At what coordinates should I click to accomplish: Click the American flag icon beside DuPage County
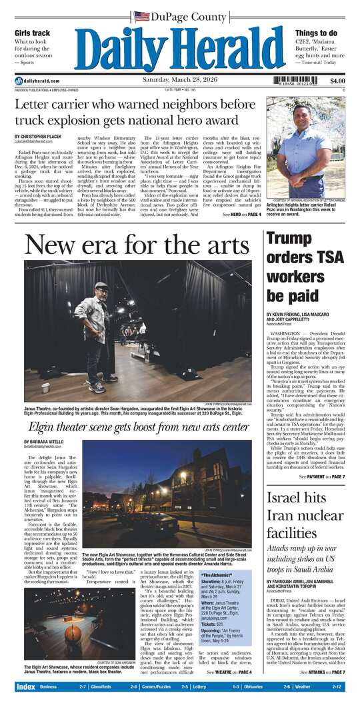click(141, 17)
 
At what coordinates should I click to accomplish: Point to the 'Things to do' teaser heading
click(316, 33)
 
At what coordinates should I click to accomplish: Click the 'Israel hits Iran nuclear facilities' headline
click(300, 516)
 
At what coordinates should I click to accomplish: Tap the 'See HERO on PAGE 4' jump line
click(241, 215)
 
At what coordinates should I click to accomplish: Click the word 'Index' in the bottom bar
click(25, 686)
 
